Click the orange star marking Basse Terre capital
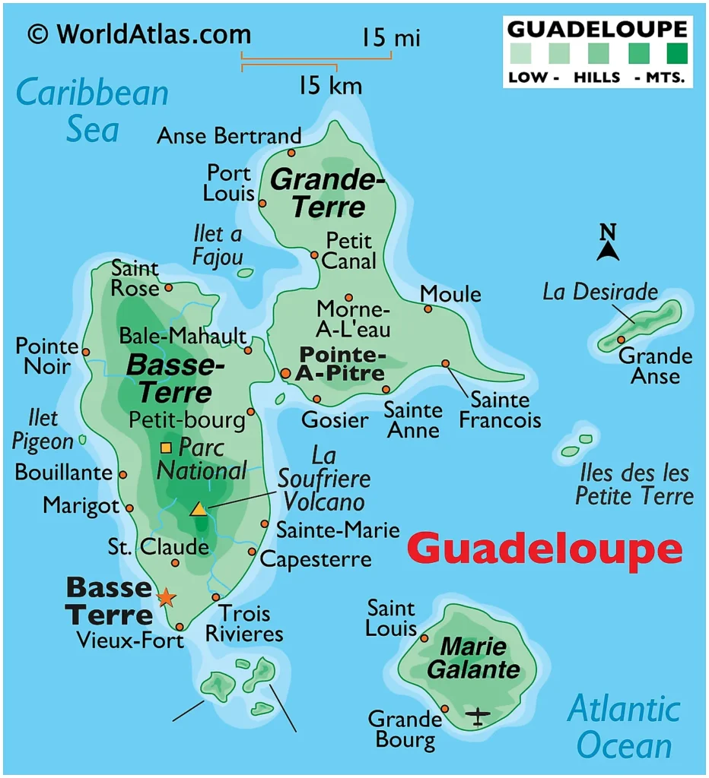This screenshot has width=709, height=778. [165, 597]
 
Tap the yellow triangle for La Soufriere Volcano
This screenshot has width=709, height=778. [198, 509]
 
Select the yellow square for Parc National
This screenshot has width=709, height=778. [166, 447]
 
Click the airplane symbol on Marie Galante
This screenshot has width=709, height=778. [478, 716]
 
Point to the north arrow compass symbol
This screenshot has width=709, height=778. [607, 244]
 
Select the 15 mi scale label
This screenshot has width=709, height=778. [390, 37]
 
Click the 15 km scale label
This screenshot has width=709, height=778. [330, 85]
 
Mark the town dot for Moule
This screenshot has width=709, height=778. [428, 308]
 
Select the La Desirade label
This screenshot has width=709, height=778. [599, 291]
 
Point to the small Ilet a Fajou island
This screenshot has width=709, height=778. [245, 272]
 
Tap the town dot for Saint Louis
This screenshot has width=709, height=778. [424, 638]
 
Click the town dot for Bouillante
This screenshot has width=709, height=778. [122, 474]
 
